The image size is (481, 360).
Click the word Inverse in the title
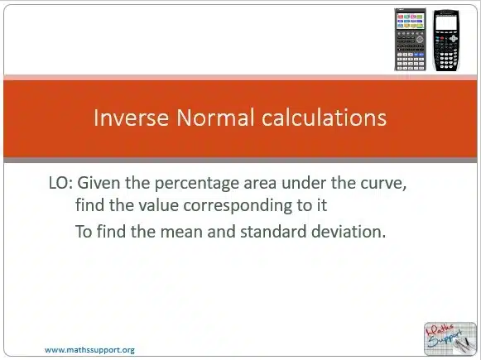[x=131, y=118]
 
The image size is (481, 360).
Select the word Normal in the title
[x=215, y=118]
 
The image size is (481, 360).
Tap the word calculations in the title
[x=324, y=118]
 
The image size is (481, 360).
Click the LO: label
[x=60, y=183]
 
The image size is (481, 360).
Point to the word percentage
[x=197, y=184]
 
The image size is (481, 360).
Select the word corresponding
[x=238, y=206]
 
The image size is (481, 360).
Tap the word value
[x=159, y=205]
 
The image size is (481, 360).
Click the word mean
[x=181, y=232]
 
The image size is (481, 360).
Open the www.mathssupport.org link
[x=89, y=350]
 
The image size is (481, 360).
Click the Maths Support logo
[x=450, y=338]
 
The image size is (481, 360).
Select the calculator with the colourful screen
[x=410, y=40]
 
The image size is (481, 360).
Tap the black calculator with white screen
[x=446, y=41]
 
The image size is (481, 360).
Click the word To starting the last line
[x=84, y=232]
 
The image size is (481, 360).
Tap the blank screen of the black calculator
[x=445, y=22]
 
